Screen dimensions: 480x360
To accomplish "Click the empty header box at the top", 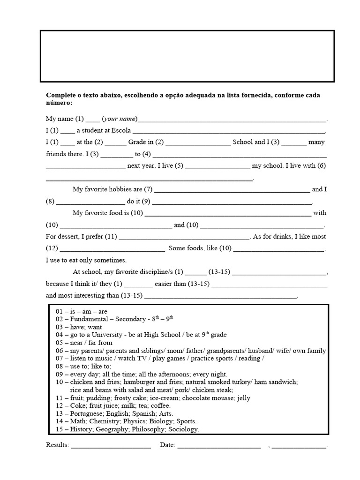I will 187,56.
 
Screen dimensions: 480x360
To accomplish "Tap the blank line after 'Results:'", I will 111,445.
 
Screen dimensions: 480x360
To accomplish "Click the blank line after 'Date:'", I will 219,445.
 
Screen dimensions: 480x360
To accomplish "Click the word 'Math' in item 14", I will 78,421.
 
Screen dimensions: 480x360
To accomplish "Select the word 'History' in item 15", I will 81,429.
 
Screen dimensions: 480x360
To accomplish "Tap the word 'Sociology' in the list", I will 184,429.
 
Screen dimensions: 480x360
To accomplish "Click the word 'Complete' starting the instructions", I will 60,95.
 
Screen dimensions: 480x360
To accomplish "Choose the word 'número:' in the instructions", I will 59,103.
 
